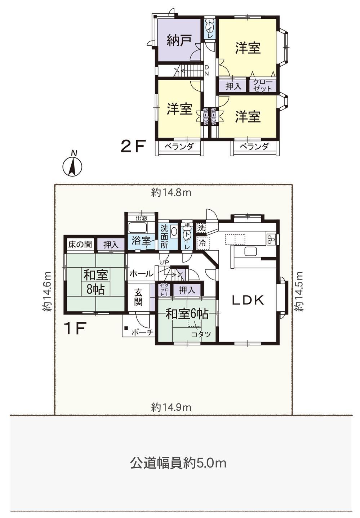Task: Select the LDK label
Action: (x=248, y=300)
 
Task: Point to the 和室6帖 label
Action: (x=187, y=314)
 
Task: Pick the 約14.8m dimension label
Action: (x=172, y=192)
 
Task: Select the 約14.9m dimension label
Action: (x=172, y=407)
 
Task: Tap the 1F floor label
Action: (x=75, y=329)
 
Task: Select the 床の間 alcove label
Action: (x=80, y=245)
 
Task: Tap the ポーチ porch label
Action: (x=142, y=332)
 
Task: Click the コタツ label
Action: (x=201, y=334)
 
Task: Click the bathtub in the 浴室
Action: (x=138, y=227)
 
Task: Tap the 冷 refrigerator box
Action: (x=203, y=243)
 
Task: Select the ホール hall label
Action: (x=141, y=274)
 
